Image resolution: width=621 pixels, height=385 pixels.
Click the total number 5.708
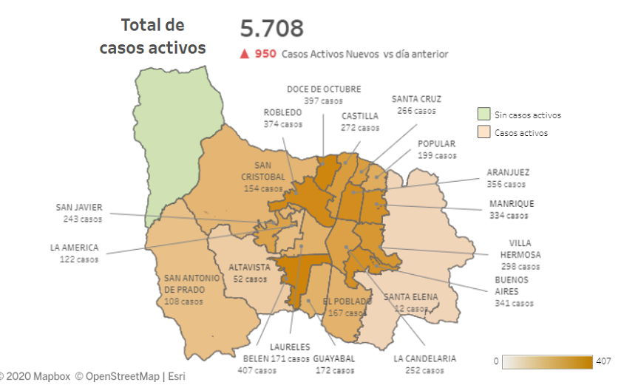pos(271,28)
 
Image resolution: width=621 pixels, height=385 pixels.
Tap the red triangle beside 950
pos(244,54)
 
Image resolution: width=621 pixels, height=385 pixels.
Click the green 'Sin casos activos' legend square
pos(483,115)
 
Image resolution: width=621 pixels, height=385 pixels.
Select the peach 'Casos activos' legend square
pos(483,133)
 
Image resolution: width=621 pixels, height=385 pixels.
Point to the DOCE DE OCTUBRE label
pos(324,89)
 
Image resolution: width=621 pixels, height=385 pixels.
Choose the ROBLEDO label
pos(282,112)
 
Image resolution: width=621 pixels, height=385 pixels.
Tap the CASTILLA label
pos(360,116)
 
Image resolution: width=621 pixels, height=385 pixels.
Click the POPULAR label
pos(436,144)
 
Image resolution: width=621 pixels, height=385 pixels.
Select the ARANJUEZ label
pos(508,173)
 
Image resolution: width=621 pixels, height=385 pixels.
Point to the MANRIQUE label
pos(511,204)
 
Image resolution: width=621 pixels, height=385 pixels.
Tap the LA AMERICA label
pos(75,248)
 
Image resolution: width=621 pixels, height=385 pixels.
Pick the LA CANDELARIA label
pos(424,359)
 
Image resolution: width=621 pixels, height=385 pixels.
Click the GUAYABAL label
pos(334,359)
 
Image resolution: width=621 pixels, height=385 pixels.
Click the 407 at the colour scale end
pos(604,361)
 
